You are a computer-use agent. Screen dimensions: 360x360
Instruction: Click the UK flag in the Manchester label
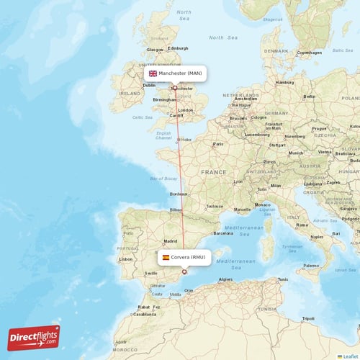[x=153, y=73]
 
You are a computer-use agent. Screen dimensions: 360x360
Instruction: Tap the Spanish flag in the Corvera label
[x=166, y=257]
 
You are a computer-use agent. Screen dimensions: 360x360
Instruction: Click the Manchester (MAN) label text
[x=180, y=73]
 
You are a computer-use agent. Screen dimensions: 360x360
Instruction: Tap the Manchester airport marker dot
[x=175, y=88]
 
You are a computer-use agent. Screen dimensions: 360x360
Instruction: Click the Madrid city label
[x=170, y=241]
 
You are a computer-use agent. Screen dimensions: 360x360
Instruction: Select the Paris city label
[x=219, y=144]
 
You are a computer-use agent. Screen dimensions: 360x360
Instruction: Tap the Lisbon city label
[x=127, y=258]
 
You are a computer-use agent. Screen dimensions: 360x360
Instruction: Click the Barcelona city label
[x=224, y=233]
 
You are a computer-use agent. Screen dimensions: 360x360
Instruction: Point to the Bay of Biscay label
[x=163, y=179]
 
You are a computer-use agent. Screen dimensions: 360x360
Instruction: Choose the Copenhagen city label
[x=310, y=53]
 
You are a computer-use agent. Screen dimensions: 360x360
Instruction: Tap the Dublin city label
[x=149, y=85]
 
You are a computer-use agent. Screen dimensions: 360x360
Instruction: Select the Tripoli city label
[x=307, y=318]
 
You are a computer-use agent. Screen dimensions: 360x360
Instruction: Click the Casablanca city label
[x=145, y=314]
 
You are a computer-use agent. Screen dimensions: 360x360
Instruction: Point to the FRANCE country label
[x=213, y=173]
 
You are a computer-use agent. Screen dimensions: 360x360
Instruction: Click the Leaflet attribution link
[x=351, y=356]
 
